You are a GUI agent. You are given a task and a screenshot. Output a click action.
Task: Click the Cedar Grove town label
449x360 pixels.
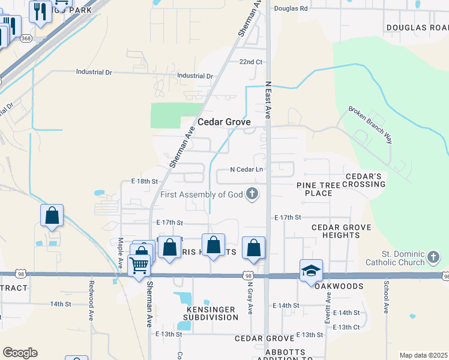[x=224, y=122]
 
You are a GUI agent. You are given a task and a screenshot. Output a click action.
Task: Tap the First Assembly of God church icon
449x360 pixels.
[x=253, y=194]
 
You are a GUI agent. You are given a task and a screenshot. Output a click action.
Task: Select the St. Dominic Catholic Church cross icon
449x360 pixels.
[x=433, y=257]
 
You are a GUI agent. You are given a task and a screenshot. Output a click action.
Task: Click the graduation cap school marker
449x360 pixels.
[x=312, y=271]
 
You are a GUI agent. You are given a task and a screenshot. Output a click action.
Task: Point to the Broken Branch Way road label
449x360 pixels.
[x=370, y=125]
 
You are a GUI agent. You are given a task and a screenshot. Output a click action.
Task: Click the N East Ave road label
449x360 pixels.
[x=268, y=99]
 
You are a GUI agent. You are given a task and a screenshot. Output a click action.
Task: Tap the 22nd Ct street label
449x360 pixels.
[x=251, y=62]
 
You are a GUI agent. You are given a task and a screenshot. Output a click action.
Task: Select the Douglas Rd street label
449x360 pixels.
[x=291, y=8]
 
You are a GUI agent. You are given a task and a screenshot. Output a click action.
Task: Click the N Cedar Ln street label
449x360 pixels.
[x=247, y=170]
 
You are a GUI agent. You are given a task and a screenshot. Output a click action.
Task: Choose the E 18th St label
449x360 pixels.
[x=144, y=181]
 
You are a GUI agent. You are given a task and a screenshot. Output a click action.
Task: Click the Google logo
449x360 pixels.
[x=20, y=353]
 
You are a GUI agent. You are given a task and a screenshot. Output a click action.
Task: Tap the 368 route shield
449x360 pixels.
[x=26, y=38]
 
